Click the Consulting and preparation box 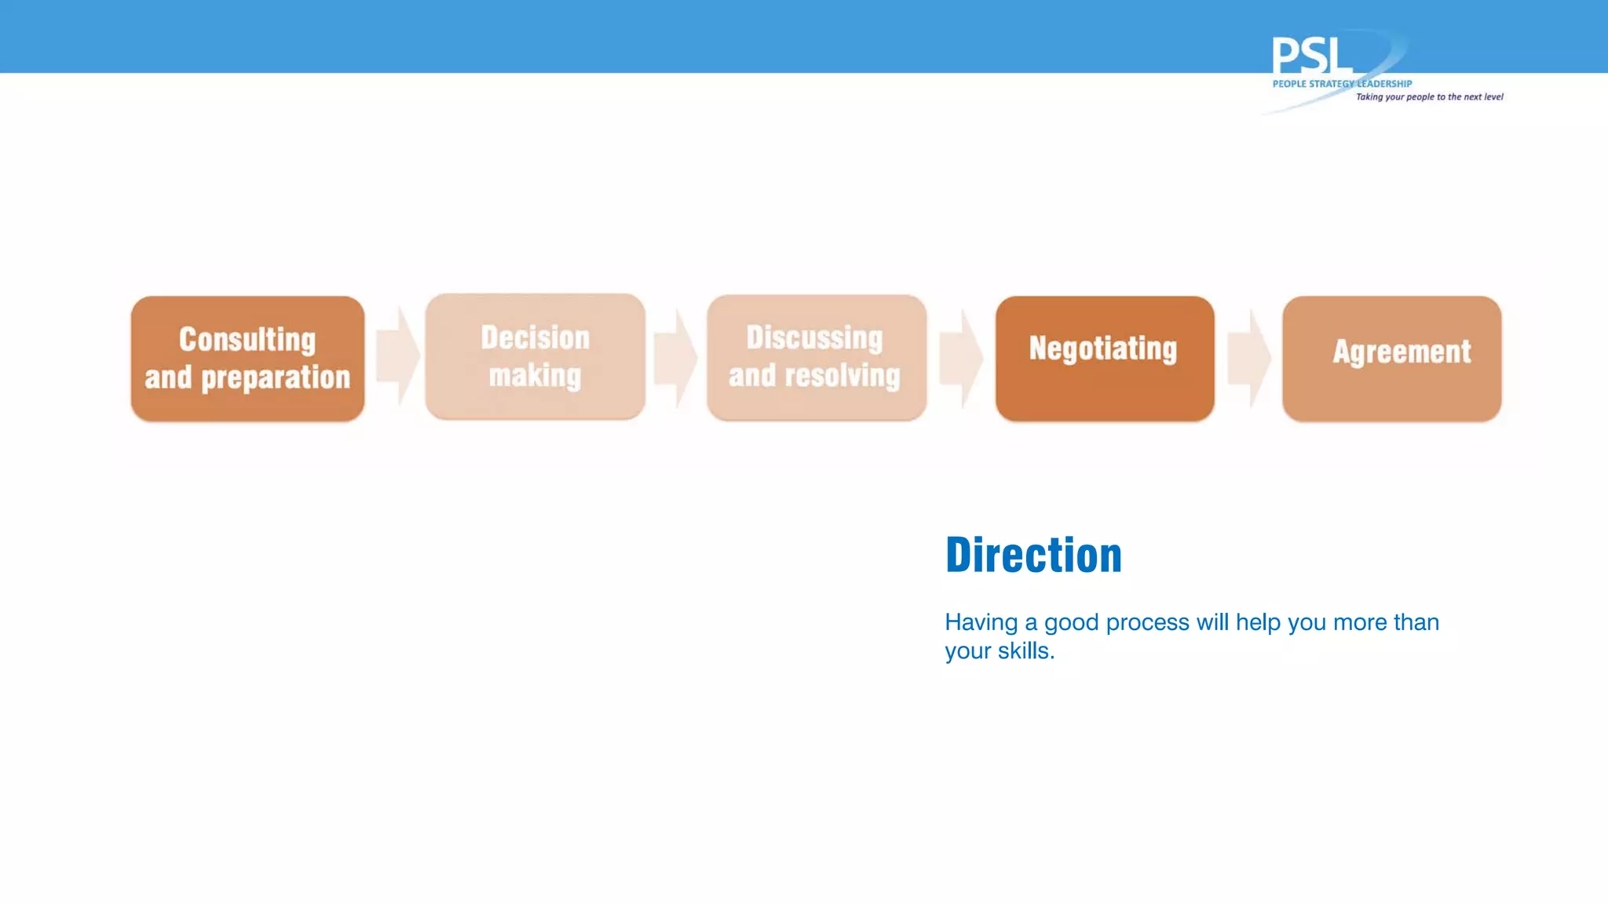247,359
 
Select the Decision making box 535,357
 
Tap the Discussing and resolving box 816,358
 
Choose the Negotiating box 1104,359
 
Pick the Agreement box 1391,359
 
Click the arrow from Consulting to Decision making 397,356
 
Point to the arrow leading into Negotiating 961,358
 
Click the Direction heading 1033,556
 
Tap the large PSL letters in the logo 1311,56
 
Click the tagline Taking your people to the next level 1429,97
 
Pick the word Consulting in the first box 247,340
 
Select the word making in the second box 535,376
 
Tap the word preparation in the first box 276,378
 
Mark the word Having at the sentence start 981,622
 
